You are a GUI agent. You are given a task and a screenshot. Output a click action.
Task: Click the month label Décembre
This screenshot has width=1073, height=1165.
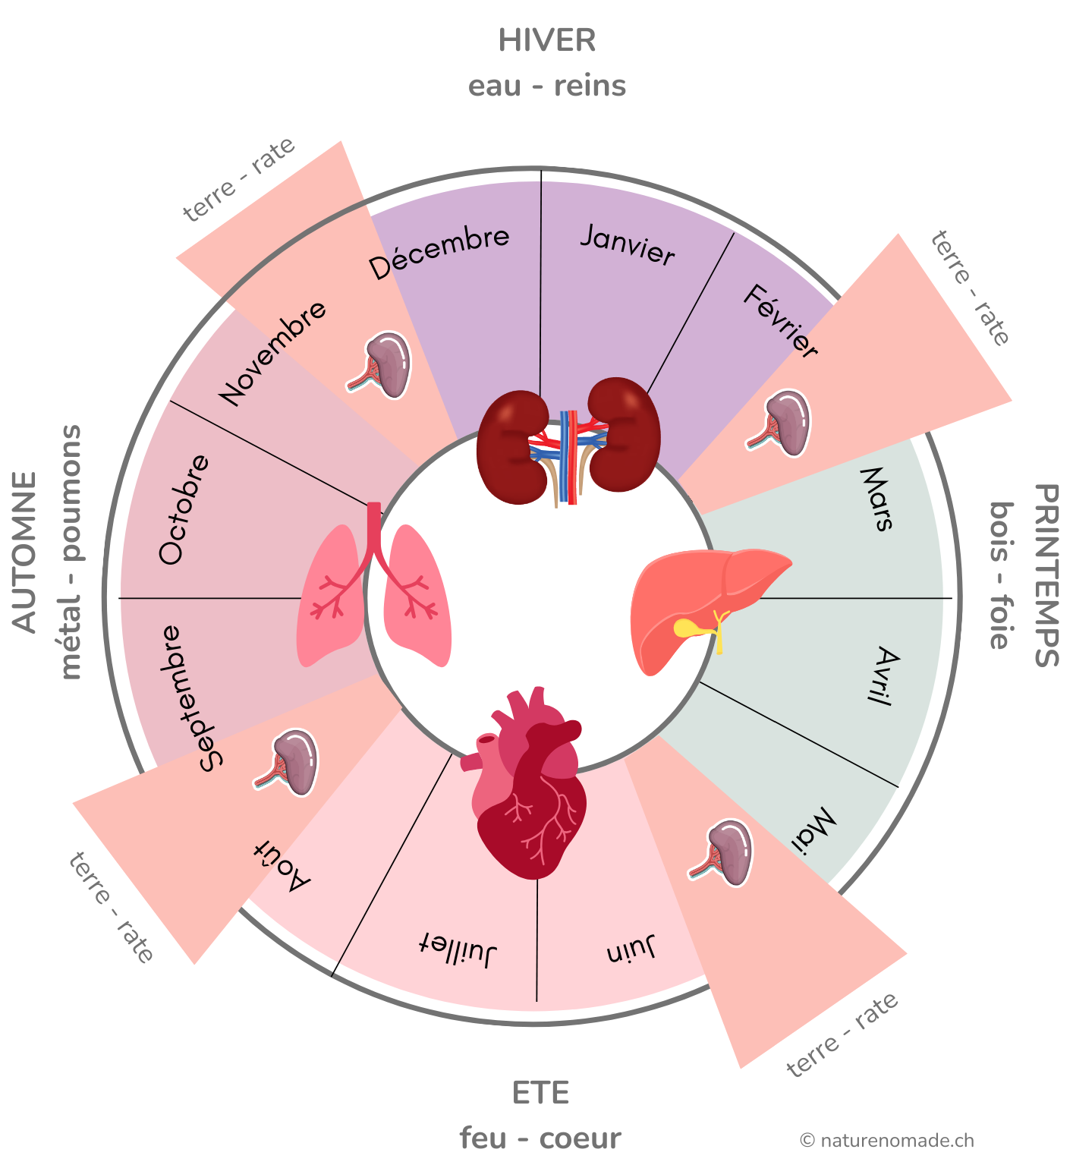[x=439, y=252]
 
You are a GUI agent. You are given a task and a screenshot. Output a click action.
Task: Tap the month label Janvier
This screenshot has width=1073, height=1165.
[x=628, y=245]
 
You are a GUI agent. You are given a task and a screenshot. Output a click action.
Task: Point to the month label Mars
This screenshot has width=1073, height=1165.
[x=877, y=499]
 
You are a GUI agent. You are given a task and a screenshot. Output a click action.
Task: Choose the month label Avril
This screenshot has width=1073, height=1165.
[x=881, y=675]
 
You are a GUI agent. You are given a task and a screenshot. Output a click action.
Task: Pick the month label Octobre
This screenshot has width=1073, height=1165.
[x=183, y=509]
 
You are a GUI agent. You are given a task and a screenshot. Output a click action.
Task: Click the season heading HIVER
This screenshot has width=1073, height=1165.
[x=546, y=41]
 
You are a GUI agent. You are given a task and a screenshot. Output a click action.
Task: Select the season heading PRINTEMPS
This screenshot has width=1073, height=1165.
[x=1046, y=575]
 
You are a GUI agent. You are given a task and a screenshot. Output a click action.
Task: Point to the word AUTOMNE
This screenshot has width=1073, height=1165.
[x=24, y=553]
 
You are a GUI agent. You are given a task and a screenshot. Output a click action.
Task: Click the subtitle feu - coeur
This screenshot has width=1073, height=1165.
[x=540, y=1138]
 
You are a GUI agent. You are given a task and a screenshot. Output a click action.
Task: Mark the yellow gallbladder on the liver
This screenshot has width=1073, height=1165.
[x=689, y=628]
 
